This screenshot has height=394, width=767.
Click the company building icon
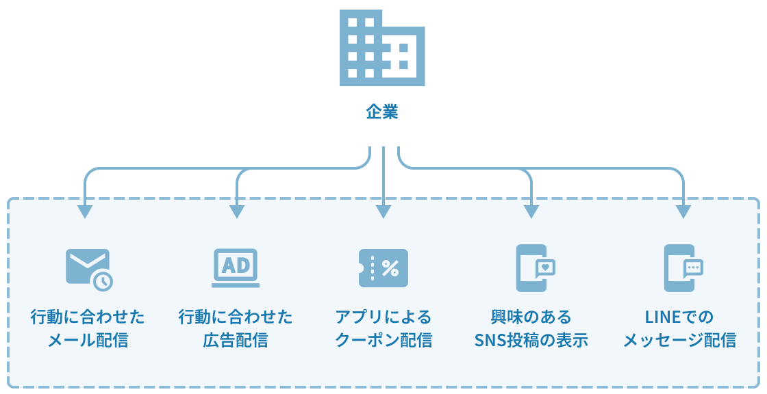click(382, 48)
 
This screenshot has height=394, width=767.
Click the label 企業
click(382, 112)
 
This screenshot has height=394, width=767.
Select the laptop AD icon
click(236, 267)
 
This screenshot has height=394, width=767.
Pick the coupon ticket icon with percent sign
click(383, 268)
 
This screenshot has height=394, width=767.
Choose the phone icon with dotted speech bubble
click(683, 268)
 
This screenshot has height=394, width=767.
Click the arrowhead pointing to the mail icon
click(84, 211)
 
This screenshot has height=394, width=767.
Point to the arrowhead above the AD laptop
click(237, 211)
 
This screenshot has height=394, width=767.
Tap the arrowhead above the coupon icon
click(383, 211)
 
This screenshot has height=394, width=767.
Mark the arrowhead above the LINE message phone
click(683, 211)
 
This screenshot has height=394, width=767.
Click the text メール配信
click(88, 340)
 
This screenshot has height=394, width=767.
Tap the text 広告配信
click(236, 340)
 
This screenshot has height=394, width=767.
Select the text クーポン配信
click(383, 340)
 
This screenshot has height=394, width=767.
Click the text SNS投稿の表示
click(531, 340)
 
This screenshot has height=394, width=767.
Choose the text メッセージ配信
click(679, 340)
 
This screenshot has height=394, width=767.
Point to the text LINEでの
click(679, 317)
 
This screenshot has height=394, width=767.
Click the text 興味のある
click(531, 317)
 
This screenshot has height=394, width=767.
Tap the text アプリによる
click(383, 317)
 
